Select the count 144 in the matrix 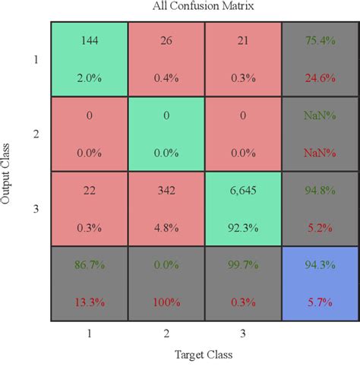(89, 39)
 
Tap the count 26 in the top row (166, 39)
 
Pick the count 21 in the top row (242, 39)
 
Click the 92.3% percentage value (242, 226)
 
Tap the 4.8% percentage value (166, 226)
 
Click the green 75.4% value (319, 39)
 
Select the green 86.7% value (89, 267)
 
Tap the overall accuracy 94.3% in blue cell (319, 267)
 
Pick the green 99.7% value (242, 267)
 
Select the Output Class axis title (8, 170)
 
